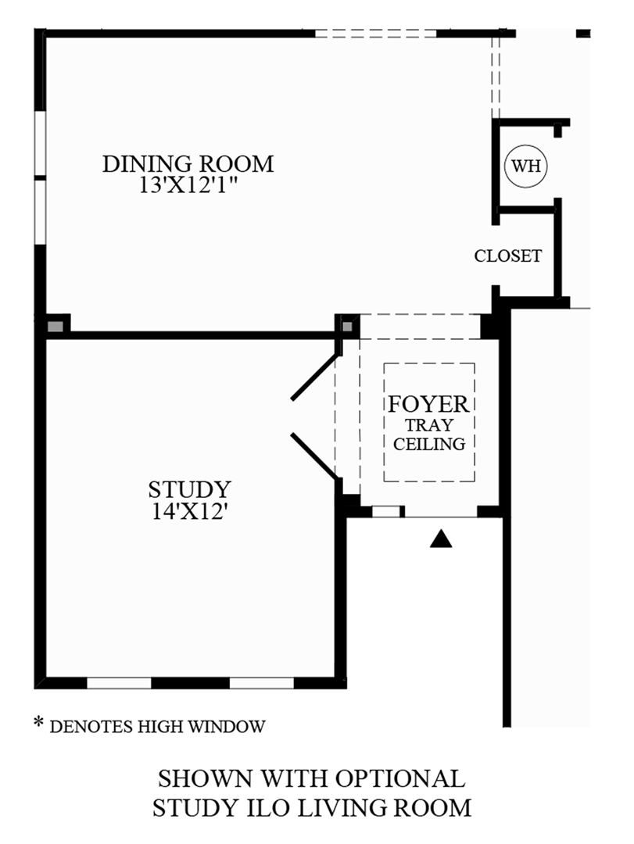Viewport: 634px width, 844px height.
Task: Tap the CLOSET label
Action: tap(508, 256)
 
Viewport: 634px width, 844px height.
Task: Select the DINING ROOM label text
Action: tap(188, 164)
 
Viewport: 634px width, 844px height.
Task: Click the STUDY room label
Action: tap(190, 490)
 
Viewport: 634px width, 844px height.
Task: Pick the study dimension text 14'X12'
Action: tap(190, 512)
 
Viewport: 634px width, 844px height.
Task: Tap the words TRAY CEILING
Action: tap(429, 435)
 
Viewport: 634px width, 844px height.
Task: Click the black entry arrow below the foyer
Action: tap(442, 538)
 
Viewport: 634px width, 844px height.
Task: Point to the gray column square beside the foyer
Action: tap(347, 324)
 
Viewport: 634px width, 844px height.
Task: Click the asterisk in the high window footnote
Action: tap(38, 723)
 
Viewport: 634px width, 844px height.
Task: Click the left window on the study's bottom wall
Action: tap(118, 682)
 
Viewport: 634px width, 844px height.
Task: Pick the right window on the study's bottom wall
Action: tap(261, 682)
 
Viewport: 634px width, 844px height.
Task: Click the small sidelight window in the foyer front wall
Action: tap(385, 512)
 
